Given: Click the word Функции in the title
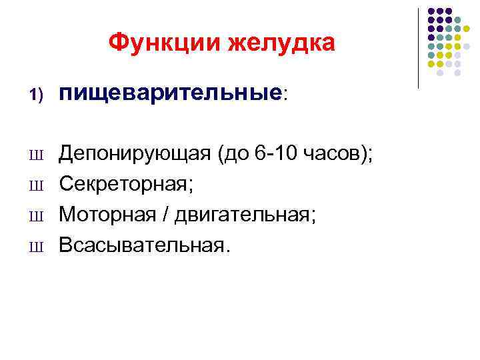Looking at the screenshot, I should (x=164, y=43).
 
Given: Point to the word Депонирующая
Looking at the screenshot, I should (x=133, y=155).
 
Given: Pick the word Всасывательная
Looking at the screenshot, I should (x=143, y=245).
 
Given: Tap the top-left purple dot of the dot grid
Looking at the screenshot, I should (x=431, y=11).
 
